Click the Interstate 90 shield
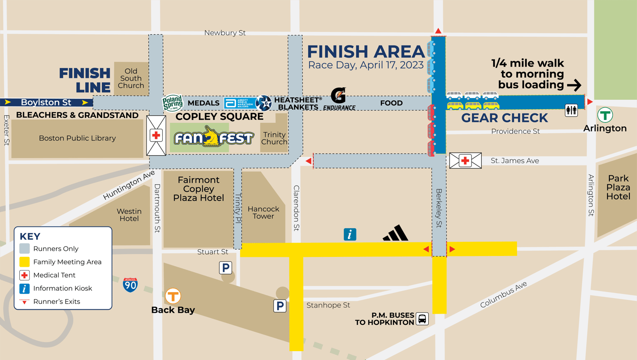point(130,285)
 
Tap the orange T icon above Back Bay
point(173,296)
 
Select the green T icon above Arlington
point(605,115)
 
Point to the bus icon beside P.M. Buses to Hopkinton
point(422,319)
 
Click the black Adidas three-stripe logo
point(396,233)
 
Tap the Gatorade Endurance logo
point(339,99)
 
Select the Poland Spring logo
point(172,103)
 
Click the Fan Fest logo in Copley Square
point(214,137)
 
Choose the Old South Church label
point(131,78)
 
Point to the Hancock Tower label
point(264,212)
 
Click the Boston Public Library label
point(77,138)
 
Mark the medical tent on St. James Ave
point(465,161)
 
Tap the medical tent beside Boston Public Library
point(156,135)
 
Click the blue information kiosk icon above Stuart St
point(350,234)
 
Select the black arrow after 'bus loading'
point(574,85)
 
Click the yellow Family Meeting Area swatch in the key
point(24,262)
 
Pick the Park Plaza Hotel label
point(618,187)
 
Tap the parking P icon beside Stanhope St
point(280,306)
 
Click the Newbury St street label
point(225,33)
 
